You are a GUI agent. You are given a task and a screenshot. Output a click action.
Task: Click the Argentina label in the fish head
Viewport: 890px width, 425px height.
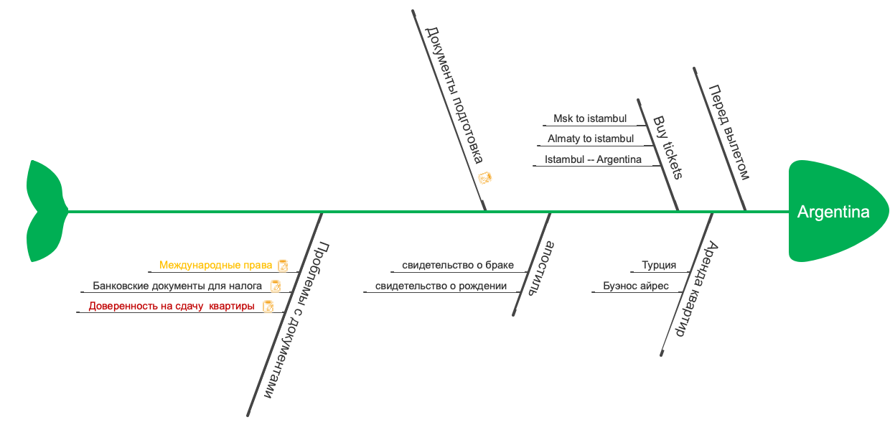833,212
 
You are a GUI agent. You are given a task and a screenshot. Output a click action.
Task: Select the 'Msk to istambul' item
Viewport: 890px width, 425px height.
589,118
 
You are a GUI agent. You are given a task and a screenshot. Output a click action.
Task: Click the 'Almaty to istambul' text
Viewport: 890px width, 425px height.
590,139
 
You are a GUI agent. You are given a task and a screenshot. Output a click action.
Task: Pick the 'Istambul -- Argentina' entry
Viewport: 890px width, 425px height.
592,159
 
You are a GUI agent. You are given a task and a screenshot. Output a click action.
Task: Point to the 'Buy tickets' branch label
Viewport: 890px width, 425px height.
667,147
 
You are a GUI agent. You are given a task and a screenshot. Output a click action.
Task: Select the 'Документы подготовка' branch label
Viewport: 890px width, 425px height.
454,95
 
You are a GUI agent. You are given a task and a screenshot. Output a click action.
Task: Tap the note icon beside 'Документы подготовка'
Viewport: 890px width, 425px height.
484,178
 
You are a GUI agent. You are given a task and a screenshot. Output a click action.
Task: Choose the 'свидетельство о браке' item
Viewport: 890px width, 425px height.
457,265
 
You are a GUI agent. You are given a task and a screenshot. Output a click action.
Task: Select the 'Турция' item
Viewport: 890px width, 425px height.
658,265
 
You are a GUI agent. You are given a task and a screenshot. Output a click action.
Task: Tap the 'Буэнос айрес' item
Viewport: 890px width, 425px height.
635,286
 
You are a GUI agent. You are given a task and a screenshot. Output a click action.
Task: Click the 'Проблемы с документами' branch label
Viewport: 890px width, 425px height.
296,319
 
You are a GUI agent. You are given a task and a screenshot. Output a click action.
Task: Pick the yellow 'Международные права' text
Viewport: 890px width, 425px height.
215,265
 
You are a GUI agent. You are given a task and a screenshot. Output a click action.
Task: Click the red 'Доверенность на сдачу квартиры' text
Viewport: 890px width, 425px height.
171,307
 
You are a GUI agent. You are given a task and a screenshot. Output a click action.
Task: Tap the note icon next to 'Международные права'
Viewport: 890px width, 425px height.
283,266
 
